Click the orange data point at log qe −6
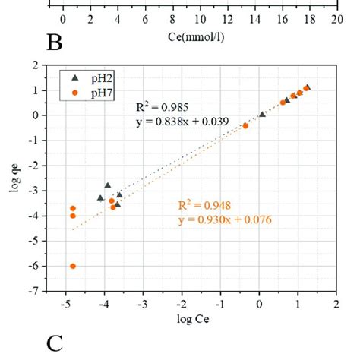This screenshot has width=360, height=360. tap(73, 266)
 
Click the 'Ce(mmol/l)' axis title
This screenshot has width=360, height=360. tap(200, 36)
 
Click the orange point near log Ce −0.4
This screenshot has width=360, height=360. tap(245, 125)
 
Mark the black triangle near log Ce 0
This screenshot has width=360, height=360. tap(262, 114)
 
